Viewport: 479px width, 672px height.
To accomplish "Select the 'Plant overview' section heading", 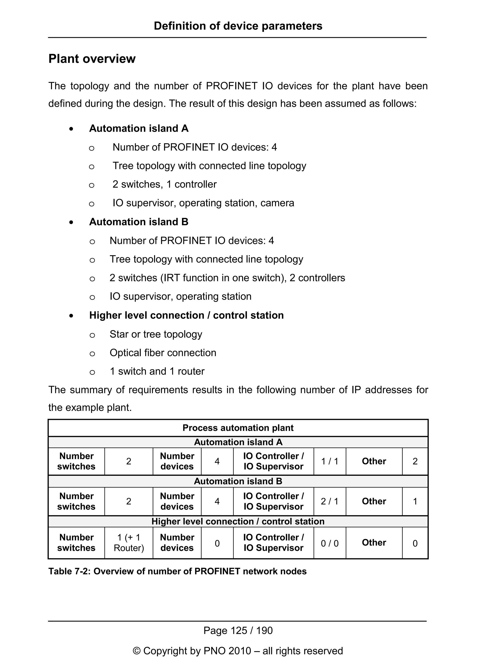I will [x=92, y=59].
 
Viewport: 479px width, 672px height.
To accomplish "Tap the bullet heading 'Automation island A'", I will [x=139, y=128].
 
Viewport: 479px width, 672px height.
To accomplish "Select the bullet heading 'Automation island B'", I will [x=139, y=222].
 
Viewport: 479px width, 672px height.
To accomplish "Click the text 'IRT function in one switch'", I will [x=223, y=278].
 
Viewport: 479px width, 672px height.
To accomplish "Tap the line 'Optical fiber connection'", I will [x=163, y=353].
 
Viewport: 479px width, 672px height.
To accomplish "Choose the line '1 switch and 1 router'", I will [x=157, y=371].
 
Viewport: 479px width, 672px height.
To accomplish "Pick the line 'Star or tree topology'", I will [x=156, y=334].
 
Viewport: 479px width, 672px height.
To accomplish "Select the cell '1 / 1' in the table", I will [x=330, y=461].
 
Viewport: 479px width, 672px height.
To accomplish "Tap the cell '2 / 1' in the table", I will [x=330, y=501].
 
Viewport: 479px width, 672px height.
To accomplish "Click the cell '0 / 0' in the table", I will [x=330, y=543].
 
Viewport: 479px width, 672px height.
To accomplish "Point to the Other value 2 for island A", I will [x=415, y=461].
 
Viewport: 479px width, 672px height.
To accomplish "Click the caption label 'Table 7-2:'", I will [x=70, y=571].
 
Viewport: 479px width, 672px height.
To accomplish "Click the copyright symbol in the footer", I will [x=137, y=651].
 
